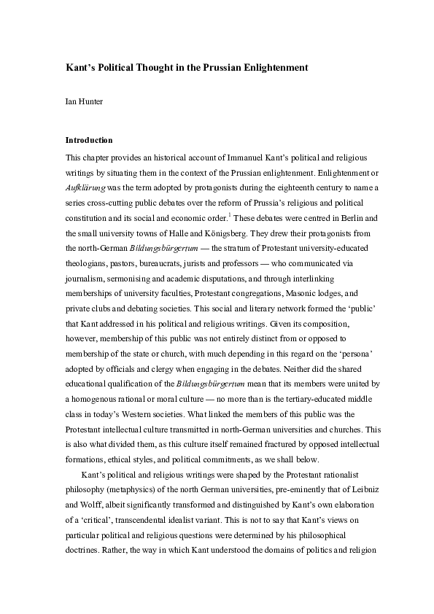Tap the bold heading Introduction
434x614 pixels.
coord(89,139)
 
